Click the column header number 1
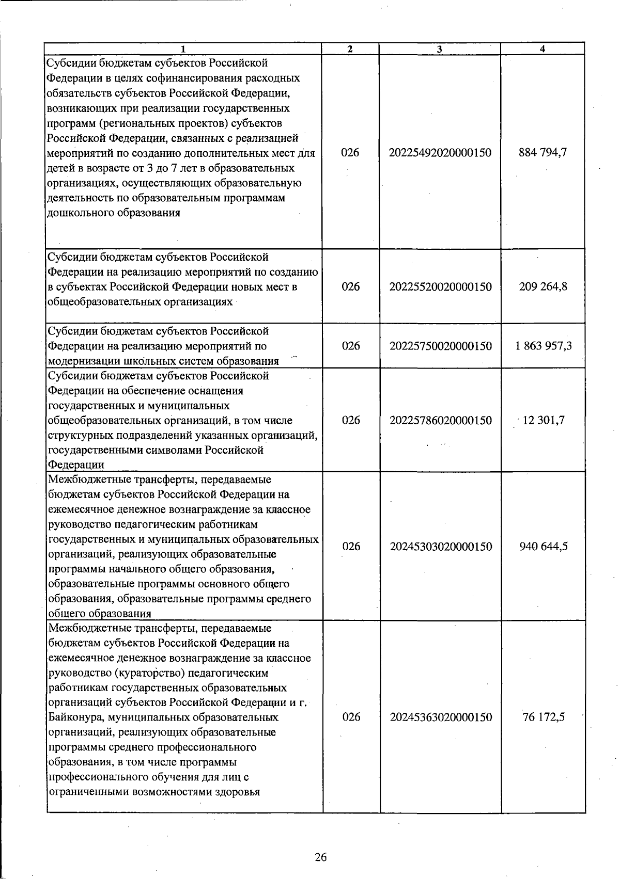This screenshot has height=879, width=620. coord(183,49)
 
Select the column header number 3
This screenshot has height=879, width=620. coord(439,49)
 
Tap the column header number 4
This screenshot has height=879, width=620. coord(542,49)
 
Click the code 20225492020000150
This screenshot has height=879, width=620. coord(440,153)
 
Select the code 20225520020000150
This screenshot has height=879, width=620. coord(440,287)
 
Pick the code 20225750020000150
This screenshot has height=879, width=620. coord(440,346)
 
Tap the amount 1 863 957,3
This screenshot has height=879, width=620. coord(543,346)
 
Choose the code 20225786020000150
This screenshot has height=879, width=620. coord(440,420)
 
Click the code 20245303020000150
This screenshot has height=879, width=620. coord(441,547)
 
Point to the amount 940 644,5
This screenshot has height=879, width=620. coord(544,547)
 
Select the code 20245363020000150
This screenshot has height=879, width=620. coord(441,717)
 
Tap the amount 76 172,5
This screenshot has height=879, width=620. coord(544,717)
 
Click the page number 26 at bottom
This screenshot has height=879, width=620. coord(320,857)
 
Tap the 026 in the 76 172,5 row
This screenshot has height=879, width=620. coord(351,717)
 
